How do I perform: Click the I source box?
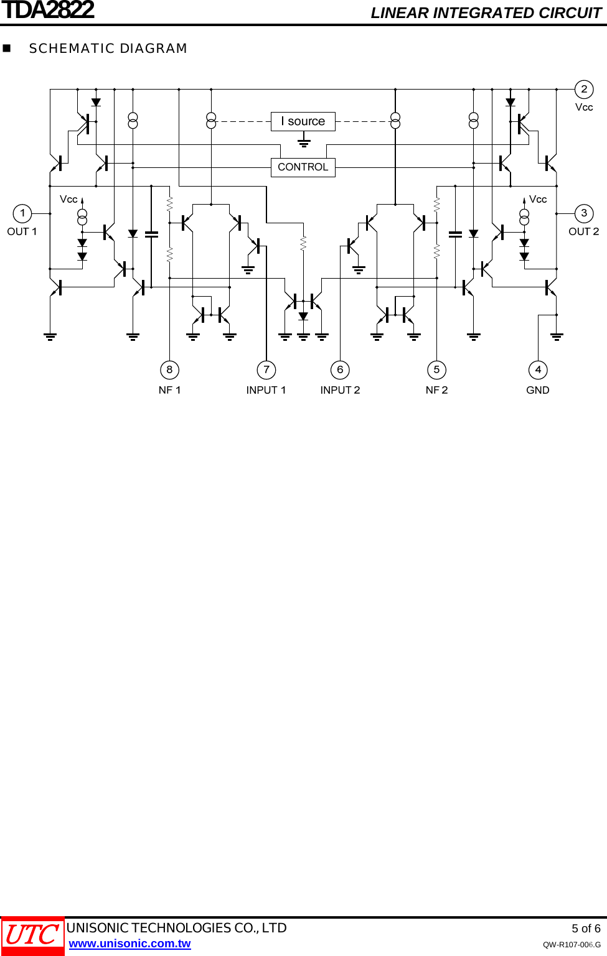click(303, 121)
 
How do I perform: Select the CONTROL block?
click(303, 167)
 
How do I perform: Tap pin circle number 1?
click(22, 213)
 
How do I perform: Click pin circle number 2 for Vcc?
click(584, 89)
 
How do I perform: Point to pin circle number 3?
click(584, 213)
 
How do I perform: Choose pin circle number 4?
click(538, 370)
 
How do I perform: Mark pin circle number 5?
click(437, 370)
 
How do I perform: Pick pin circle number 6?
click(340, 370)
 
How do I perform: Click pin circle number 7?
click(266, 370)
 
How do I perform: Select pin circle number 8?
click(169, 370)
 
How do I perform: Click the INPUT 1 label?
click(266, 391)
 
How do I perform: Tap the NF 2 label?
click(436, 391)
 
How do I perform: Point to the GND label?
click(538, 391)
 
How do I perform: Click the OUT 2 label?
click(583, 232)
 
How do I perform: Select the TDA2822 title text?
click(48, 11)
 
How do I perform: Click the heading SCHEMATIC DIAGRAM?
click(108, 49)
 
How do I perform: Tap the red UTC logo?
click(32, 935)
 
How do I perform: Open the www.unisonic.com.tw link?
click(129, 944)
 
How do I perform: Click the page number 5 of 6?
click(586, 929)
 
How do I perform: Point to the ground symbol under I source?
click(304, 143)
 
